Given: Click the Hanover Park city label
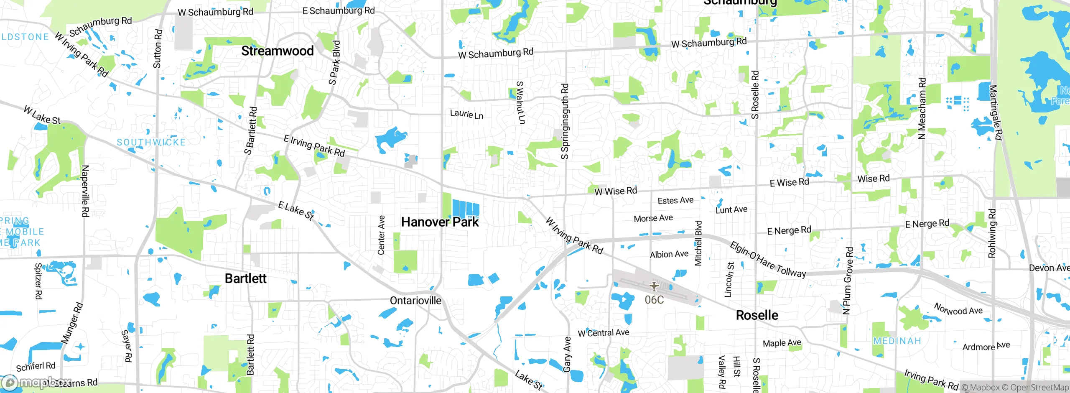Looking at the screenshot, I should [440, 222].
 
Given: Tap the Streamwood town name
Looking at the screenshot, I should [277, 51].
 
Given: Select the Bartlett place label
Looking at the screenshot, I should [245, 278].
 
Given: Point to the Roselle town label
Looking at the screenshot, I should [757, 315].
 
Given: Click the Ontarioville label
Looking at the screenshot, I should [415, 301].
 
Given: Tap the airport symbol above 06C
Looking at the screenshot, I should [654, 287].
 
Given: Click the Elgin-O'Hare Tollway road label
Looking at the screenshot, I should [768, 260].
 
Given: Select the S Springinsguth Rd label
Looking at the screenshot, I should [565, 121].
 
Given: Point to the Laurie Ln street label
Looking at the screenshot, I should [466, 114].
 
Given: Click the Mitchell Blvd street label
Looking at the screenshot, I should [698, 243].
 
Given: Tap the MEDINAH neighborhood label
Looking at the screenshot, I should [897, 341].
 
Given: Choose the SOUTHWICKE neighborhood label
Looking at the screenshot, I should [151, 143].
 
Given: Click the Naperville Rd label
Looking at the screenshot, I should [85, 191].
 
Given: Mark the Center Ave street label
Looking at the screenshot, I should [381, 235].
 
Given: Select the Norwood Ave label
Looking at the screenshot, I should [958, 310].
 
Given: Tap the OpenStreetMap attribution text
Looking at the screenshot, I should [1039, 388].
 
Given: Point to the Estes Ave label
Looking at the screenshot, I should [675, 201].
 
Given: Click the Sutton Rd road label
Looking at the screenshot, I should [157, 48].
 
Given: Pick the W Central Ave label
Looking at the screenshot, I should [603, 333].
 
